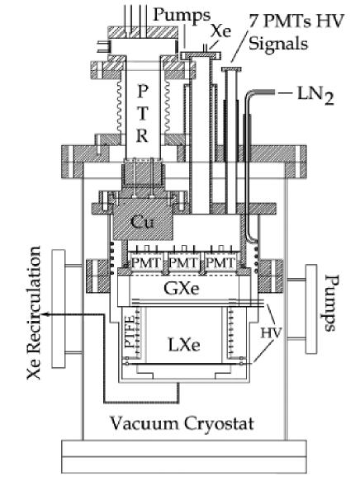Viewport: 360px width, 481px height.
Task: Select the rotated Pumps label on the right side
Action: pyautogui.click(x=331, y=302)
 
